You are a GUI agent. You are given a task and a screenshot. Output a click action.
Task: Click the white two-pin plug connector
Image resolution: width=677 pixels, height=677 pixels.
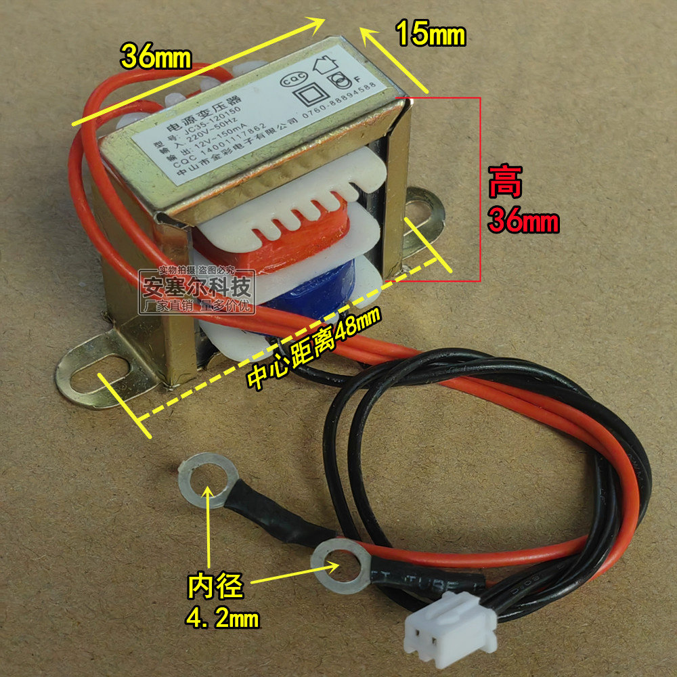click(x=450, y=628)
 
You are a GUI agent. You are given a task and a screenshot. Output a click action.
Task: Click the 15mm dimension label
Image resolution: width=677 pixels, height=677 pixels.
click(x=431, y=34)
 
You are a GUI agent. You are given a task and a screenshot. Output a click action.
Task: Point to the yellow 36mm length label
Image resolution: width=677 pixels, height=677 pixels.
click(x=156, y=58)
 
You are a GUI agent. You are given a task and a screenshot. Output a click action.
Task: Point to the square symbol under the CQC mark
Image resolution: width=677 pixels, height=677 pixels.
click(x=309, y=91)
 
